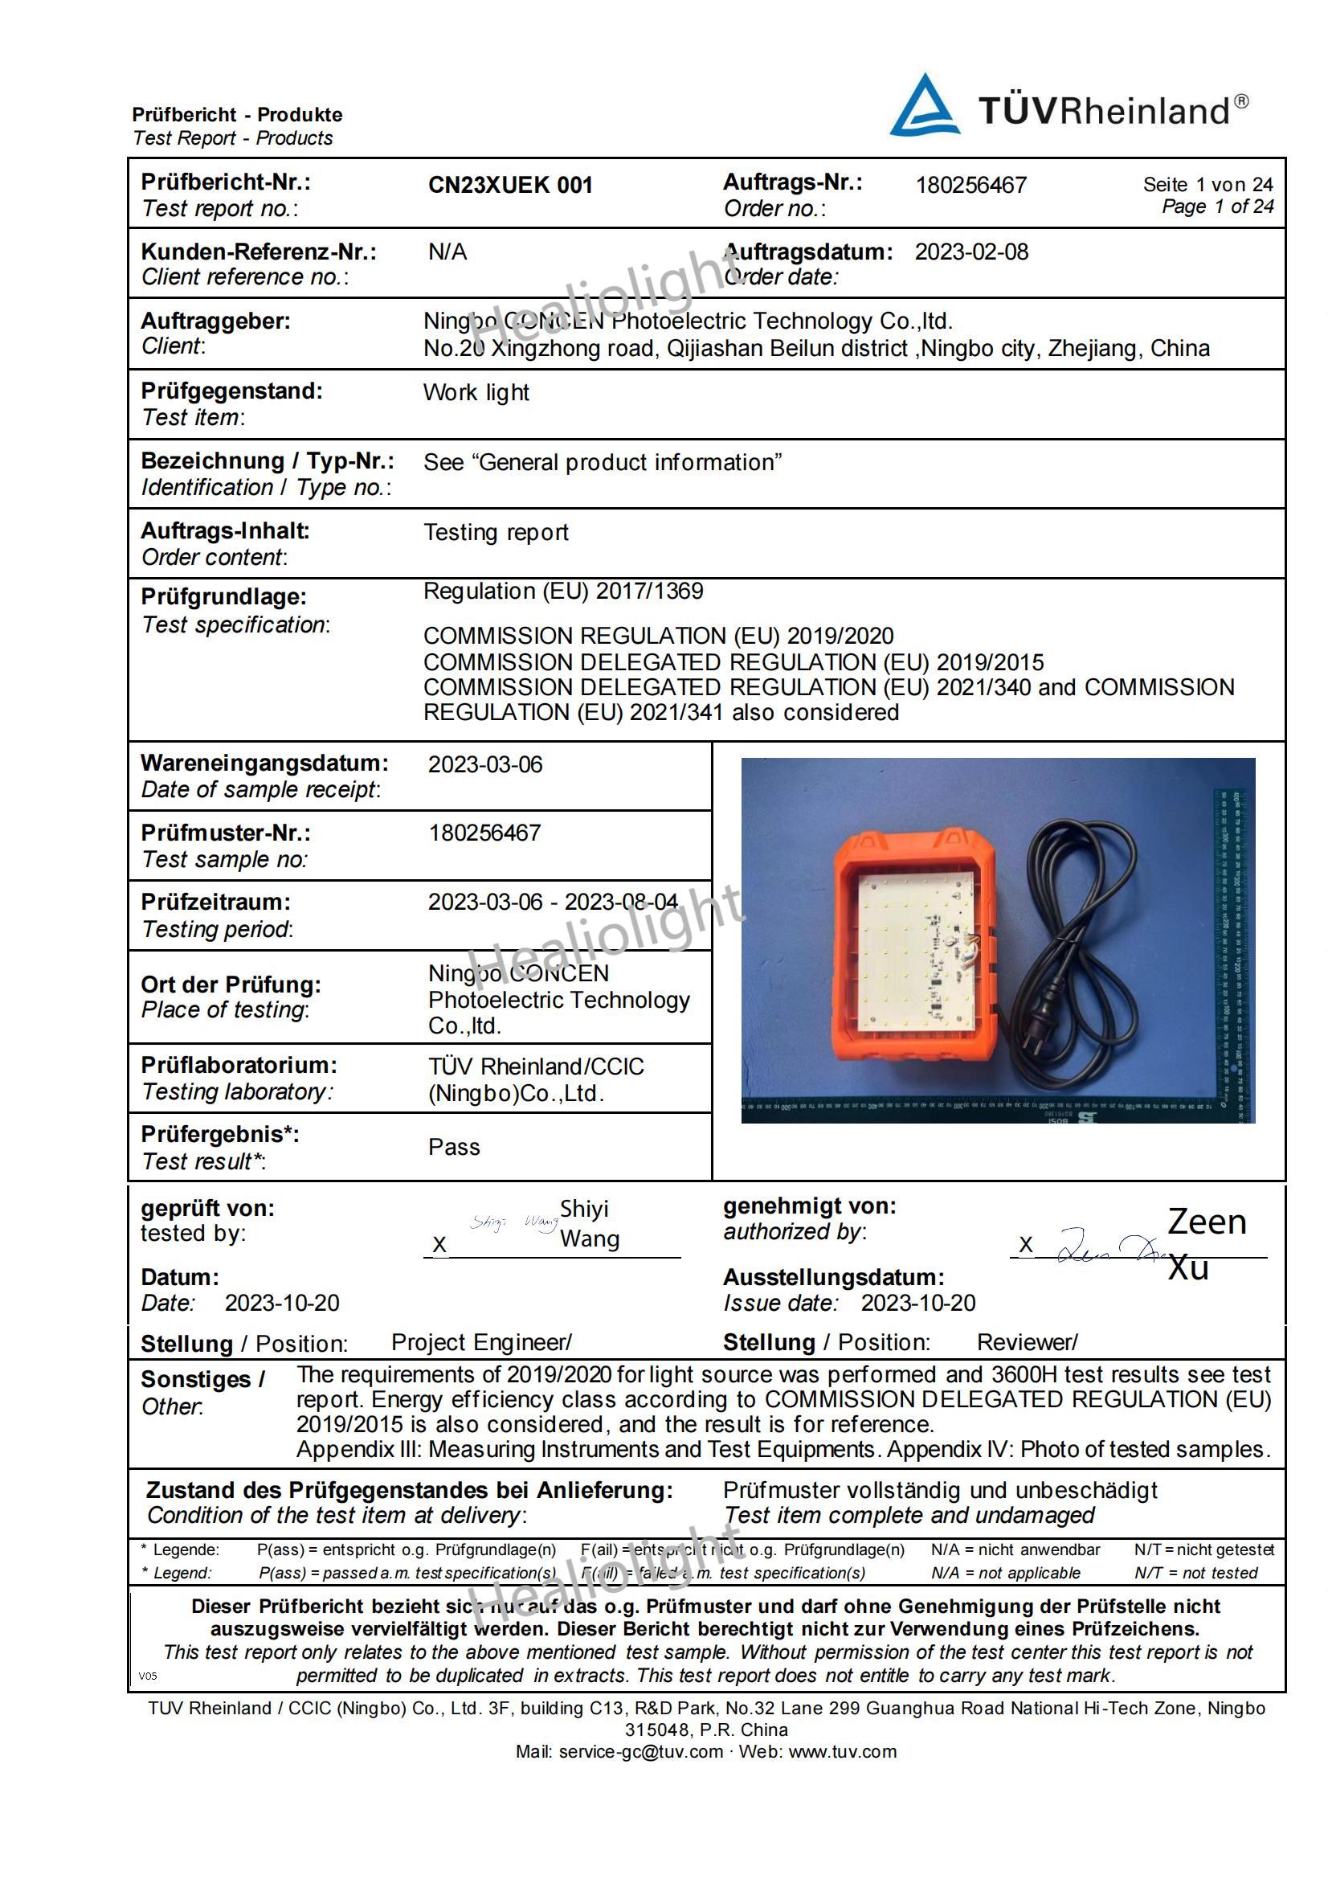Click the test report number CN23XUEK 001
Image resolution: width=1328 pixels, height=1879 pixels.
510,185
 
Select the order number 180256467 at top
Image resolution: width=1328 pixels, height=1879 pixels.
970,185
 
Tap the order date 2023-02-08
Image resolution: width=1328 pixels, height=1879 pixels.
970,252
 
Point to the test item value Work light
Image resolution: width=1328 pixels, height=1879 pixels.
476,393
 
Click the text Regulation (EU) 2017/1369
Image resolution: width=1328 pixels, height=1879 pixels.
563,591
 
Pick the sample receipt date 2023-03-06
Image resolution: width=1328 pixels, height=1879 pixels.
485,764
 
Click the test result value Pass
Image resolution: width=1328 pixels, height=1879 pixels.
454,1147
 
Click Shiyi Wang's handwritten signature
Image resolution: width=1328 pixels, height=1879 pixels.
512,1223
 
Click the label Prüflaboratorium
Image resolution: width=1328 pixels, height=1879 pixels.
239,1065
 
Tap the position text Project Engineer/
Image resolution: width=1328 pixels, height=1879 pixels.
481,1342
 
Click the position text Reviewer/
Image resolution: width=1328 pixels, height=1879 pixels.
1027,1342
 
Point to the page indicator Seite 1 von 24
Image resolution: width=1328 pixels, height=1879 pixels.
1207,185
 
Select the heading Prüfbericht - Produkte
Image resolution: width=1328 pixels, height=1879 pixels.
237,115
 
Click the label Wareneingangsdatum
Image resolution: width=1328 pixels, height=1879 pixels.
264,763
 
